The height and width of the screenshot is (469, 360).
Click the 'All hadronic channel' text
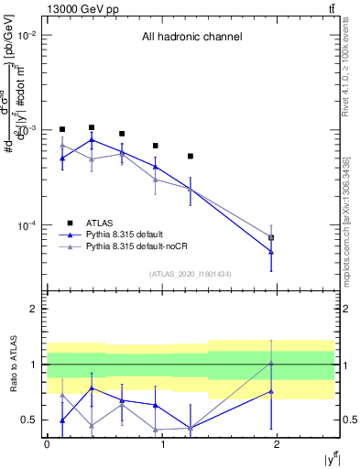coord(191,38)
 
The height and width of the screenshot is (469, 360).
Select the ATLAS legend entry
coord(100,223)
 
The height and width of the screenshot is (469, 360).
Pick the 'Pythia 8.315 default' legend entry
coord(130,235)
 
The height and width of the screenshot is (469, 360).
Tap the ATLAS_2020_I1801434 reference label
coord(191,274)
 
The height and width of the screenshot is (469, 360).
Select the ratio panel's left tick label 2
coord(33,309)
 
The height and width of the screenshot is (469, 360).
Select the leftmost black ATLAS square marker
coord(62,129)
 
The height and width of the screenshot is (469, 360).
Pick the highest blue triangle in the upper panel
coord(92,140)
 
